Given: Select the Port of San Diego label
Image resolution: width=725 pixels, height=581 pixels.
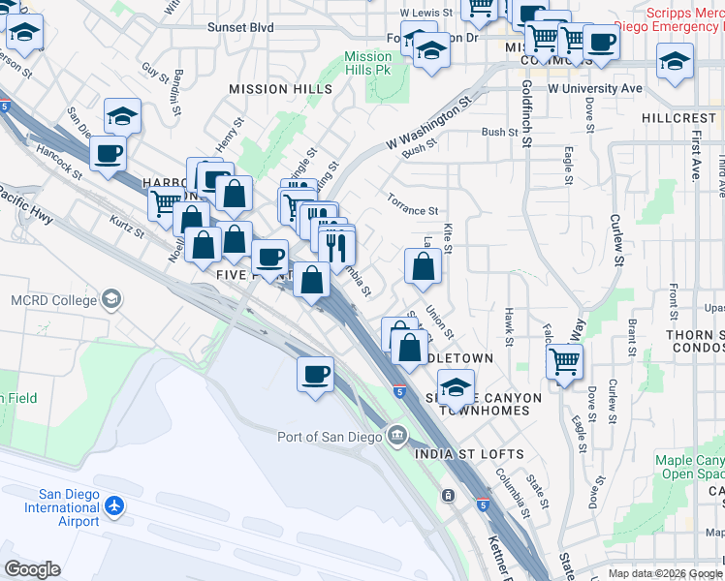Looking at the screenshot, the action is (x=332, y=436).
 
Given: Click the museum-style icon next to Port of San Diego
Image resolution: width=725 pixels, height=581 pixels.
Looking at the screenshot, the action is (x=395, y=436).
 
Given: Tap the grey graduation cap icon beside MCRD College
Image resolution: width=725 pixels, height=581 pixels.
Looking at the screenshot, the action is (x=112, y=298).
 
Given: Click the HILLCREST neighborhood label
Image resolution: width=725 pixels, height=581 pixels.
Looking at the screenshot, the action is (x=678, y=117).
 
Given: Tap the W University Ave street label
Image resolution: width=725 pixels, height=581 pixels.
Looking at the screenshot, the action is (x=595, y=88).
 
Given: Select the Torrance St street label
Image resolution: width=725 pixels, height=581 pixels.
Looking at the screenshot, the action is (x=412, y=210).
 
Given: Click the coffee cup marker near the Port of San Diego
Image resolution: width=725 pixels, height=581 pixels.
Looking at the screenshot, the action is (x=313, y=374).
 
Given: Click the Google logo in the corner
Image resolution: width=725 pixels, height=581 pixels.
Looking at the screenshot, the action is (x=32, y=569).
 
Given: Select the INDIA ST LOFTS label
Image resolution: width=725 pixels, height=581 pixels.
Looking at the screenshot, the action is (x=469, y=454).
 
